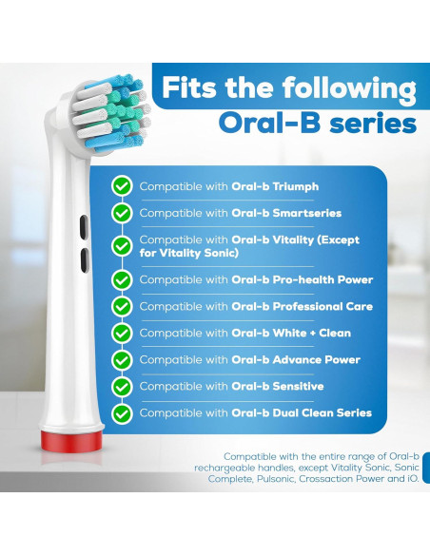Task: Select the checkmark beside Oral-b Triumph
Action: pos(122,186)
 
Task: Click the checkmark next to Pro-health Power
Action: pos(122,280)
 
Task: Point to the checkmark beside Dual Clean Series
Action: pos(122,413)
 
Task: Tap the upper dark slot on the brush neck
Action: pos(83,225)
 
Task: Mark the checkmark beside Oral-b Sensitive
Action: pos(122,387)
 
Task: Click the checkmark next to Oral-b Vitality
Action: pos(122,246)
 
